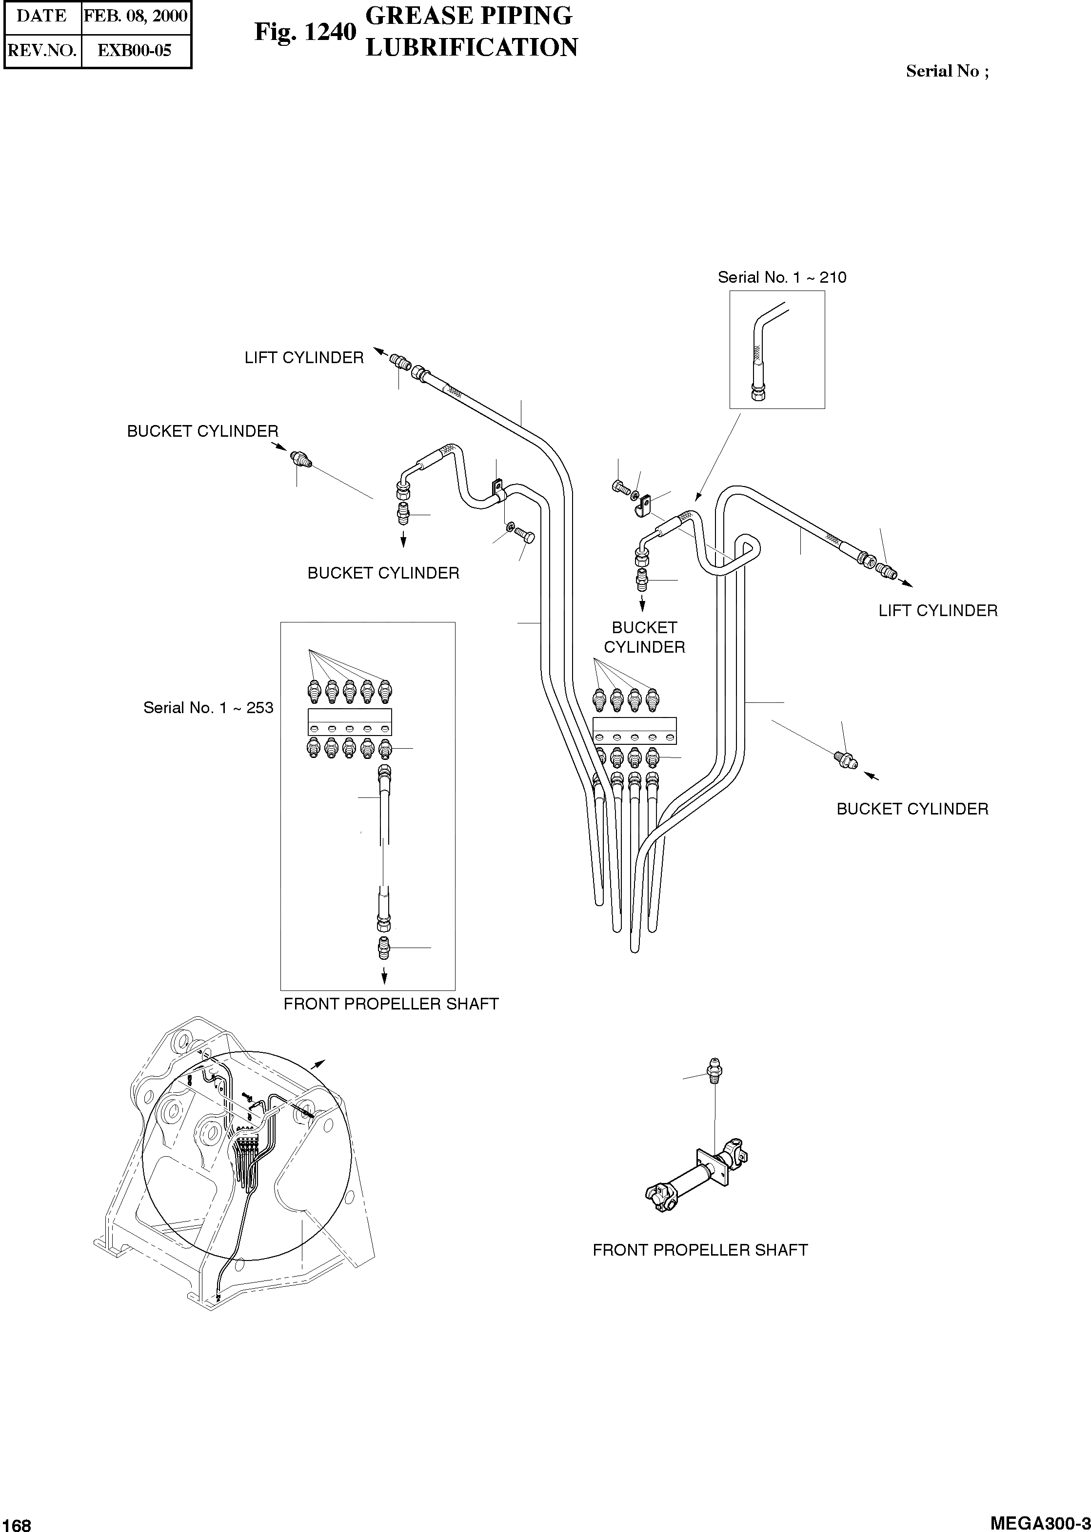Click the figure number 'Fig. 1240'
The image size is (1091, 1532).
coord(305,32)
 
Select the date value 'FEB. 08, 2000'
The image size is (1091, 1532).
coord(136,16)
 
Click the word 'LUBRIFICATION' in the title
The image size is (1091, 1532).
coord(472,48)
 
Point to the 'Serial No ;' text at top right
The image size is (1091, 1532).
coord(947,71)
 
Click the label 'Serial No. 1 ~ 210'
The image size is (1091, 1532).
coord(781,277)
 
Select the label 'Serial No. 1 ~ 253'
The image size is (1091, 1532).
coord(208,708)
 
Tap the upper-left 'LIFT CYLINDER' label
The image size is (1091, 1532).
coord(304,358)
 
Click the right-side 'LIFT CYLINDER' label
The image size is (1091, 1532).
coord(938,611)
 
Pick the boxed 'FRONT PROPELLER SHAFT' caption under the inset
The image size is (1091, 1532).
coord(391,1004)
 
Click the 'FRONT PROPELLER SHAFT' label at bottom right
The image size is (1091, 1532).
coord(700,1251)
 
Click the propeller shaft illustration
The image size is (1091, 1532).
coord(697,1178)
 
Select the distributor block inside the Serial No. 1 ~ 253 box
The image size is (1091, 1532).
coord(349,722)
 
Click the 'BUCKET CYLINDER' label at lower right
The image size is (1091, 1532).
coord(912,810)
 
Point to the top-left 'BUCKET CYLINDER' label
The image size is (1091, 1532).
coord(202,432)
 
